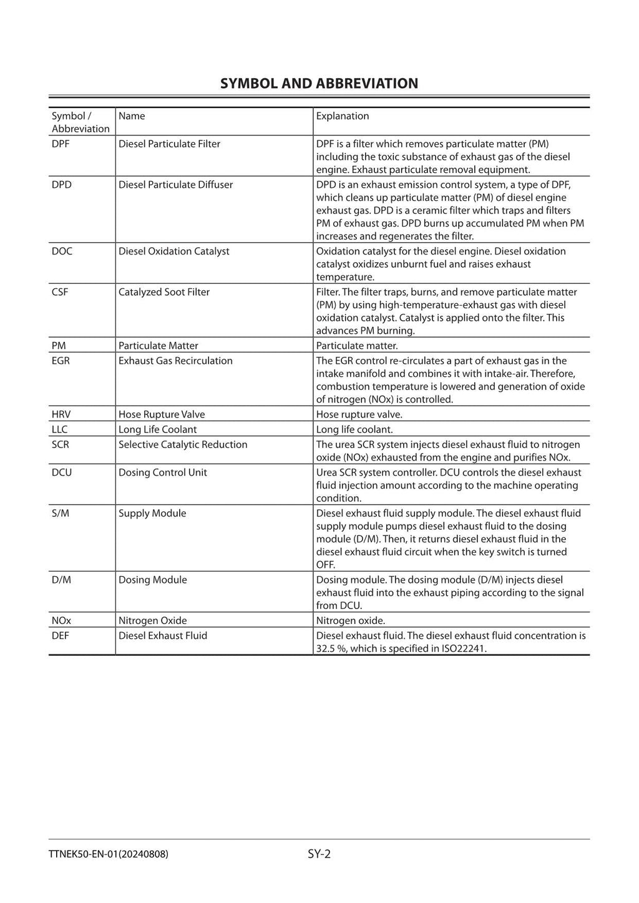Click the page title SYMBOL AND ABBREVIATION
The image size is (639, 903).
319,84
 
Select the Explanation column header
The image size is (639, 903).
342,116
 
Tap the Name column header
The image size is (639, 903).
132,116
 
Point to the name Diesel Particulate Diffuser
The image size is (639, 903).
175,185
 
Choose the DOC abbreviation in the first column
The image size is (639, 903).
62,251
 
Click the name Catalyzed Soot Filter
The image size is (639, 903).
163,292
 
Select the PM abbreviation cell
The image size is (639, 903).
59,346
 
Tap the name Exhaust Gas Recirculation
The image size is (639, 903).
175,361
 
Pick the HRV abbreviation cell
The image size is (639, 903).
61,414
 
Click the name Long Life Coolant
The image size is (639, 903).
157,429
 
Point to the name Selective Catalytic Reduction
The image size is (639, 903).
183,444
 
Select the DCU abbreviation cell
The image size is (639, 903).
62,472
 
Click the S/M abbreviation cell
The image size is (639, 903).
61,513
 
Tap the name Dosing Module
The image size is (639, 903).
152,580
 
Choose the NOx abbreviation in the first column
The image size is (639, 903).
61,620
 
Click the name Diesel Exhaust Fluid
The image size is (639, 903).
162,635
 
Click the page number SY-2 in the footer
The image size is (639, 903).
319,854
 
